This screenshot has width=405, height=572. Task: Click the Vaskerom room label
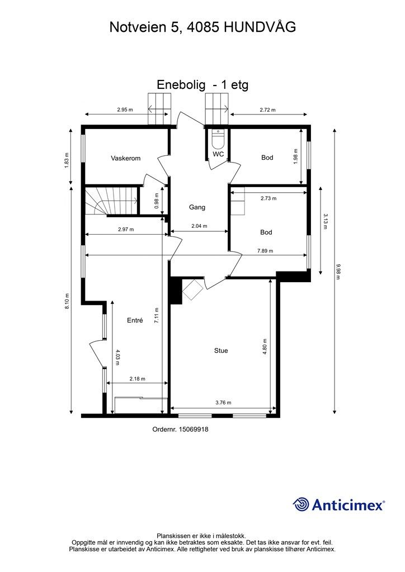tap(126, 158)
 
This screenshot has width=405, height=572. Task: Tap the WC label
tap(218, 154)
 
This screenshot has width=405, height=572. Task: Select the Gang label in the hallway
tap(197, 207)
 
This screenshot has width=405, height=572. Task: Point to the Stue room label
tap(221, 351)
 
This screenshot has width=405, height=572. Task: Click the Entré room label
tap(135, 320)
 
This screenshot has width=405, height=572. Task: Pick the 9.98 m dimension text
tap(338, 272)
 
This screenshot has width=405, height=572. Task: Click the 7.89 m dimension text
tap(265, 251)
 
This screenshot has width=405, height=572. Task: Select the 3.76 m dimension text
tap(224, 403)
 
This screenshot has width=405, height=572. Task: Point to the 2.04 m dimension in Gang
tap(199, 226)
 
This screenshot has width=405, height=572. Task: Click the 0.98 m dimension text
tap(157, 201)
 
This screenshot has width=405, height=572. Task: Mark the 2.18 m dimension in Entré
tap(137, 379)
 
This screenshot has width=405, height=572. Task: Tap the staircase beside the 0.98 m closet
tap(112, 201)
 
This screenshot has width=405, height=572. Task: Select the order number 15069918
tap(193, 430)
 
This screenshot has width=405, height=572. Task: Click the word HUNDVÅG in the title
tap(260, 27)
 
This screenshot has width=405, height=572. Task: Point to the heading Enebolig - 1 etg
tap(202, 85)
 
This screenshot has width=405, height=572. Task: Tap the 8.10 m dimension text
tap(67, 301)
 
